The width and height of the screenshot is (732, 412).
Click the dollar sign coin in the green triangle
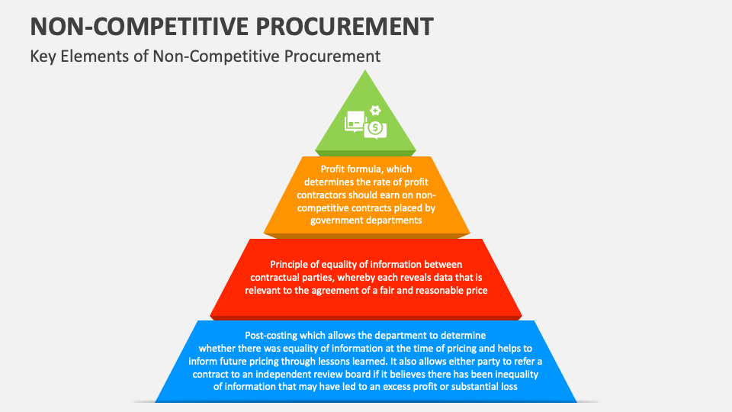tap(374, 128)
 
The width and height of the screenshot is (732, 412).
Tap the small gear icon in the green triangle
tap(374, 110)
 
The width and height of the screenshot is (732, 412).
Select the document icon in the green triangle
tap(355, 120)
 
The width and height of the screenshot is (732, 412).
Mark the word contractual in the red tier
tap(279, 278)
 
